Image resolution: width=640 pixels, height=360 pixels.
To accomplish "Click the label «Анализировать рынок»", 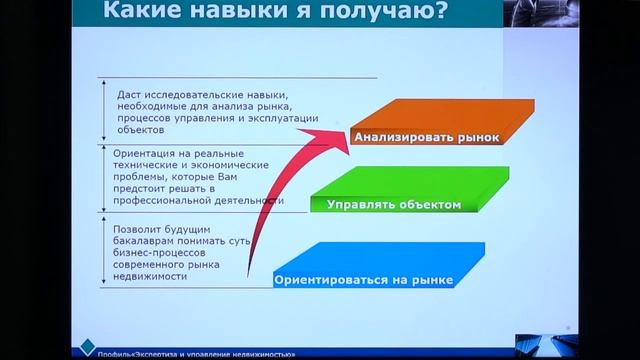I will coord(425,140).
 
